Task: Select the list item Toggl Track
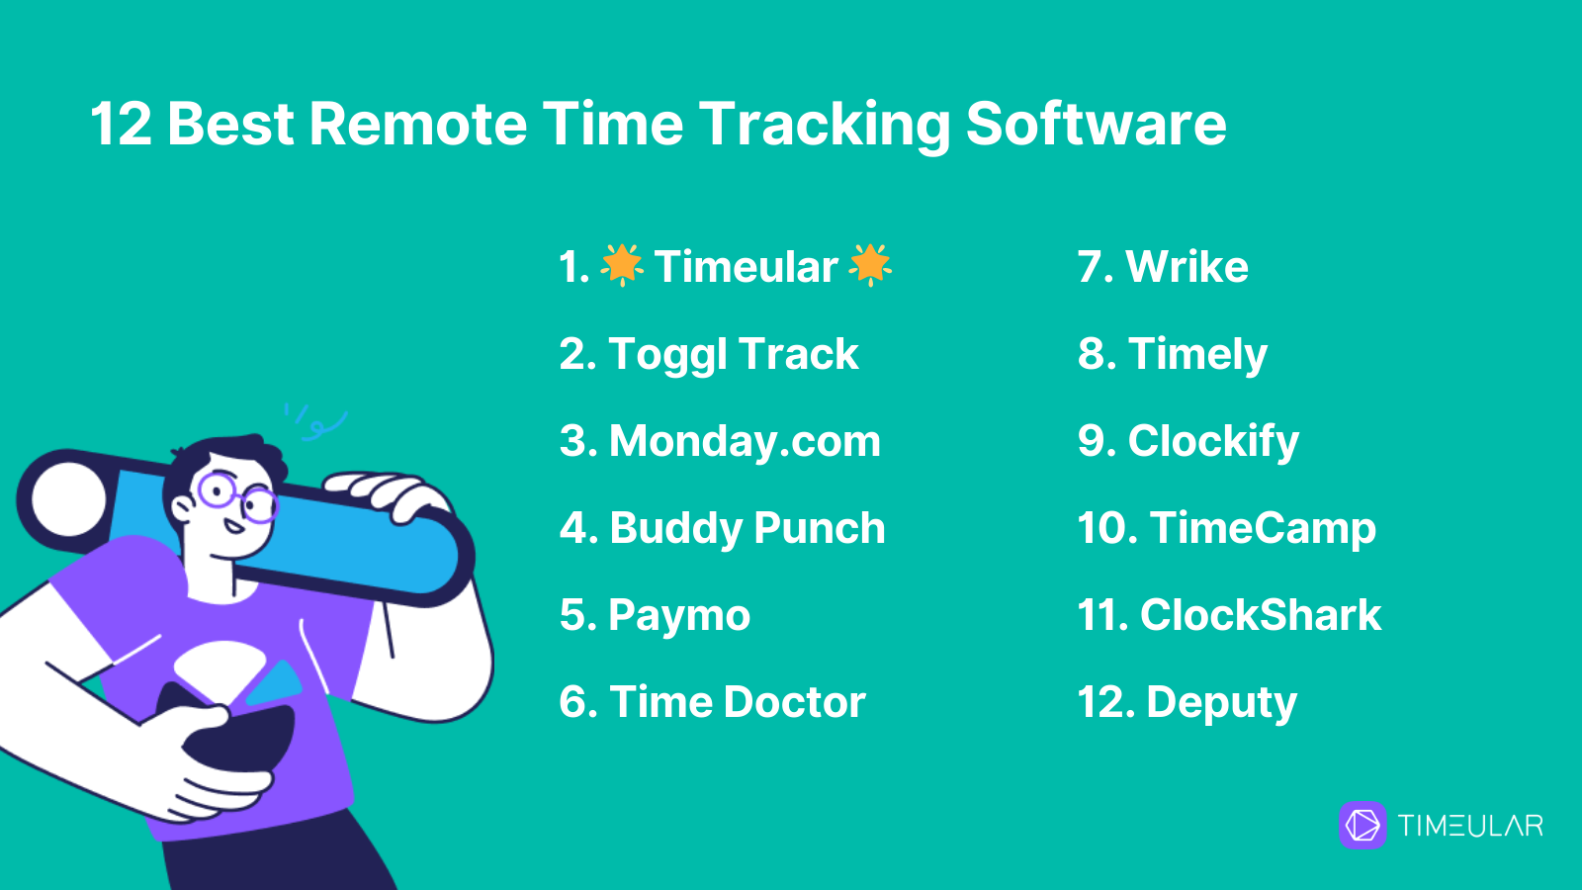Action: click(x=708, y=355)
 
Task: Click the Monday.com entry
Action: click(x=720, y=441)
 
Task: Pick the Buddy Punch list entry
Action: click(x=722, y=528)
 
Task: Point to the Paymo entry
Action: click(x=655, y=615)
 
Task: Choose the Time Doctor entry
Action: click(x=712, y=702)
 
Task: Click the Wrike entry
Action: click(x=1163, y=267)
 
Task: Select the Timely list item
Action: click(x=1173, y=355)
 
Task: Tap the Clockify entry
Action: click(x=1187, y=441)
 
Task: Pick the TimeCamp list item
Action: click(x=1227, y=529)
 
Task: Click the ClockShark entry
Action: click(x=1229, y=615)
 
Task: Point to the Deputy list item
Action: click(x=1187, y=703)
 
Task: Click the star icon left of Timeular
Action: click(x=622, y=265)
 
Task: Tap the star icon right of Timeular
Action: click(x=870, y=265)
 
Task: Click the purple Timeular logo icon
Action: click(x=1362, y=825)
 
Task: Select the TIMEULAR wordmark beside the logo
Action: click(x=1470, y=826)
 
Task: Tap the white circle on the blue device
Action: click(x=68, y=499)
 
